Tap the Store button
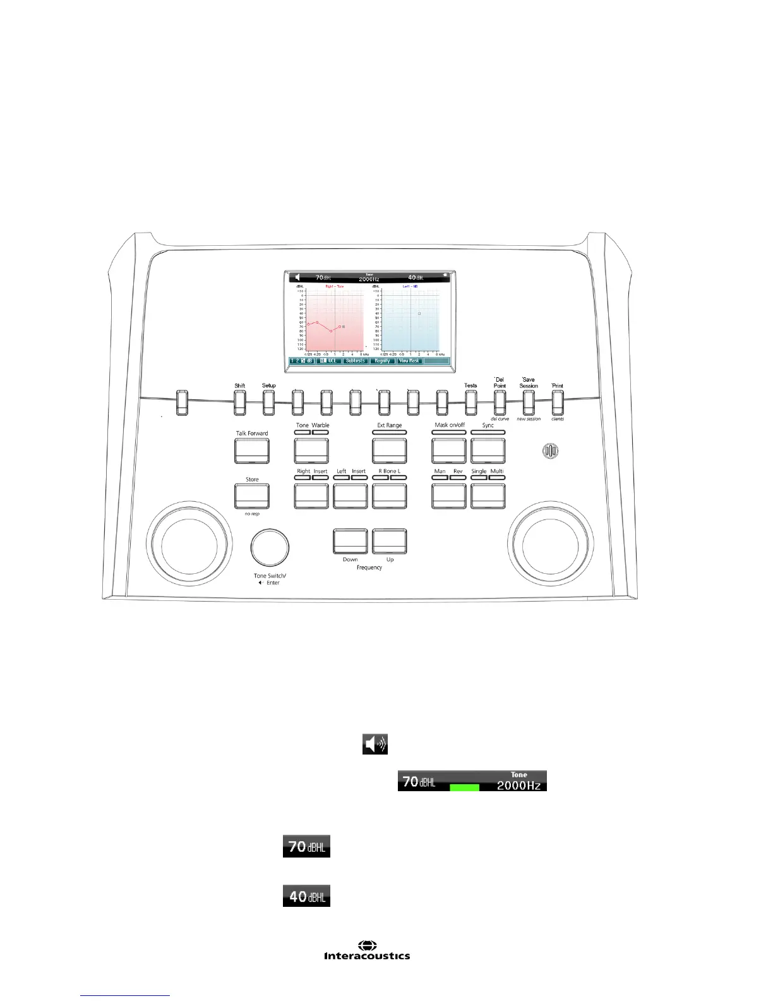pos(252,496)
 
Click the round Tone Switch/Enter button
pos(270,548)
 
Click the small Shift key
pos(240,403)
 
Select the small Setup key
pos(268,403)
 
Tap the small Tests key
pos(470,403)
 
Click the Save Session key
pos(529,403)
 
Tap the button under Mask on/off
pos(449,450)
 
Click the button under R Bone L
pos(390,496)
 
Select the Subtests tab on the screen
pos(355,361)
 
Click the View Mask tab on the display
pos(409,361)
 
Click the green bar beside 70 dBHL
pos(464,787)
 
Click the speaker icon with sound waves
pos(375,744)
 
